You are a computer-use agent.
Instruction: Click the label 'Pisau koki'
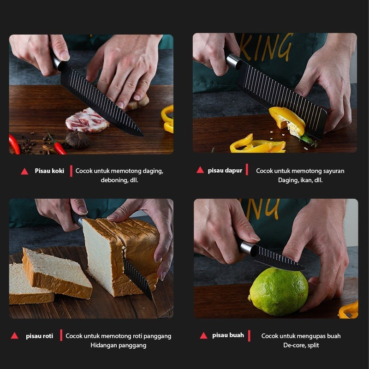pos(49,171)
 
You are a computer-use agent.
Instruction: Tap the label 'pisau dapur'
pos(225,171)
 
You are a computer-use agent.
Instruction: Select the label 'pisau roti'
pos(40,336)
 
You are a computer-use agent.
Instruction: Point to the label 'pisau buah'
pos(228,335)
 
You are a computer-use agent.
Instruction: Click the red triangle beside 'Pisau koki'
pos(24,171)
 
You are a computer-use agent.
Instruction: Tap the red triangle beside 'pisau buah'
pos(203,336)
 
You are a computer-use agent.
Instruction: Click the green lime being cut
pos(279,292)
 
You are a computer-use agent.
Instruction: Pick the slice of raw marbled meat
pos(87,120)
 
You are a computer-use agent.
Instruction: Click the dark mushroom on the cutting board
pos(77,140)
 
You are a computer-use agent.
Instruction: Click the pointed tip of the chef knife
pos(143,136)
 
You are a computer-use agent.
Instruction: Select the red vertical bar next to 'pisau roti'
pos(61,335)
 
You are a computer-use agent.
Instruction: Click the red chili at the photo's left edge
pos(14,144)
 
